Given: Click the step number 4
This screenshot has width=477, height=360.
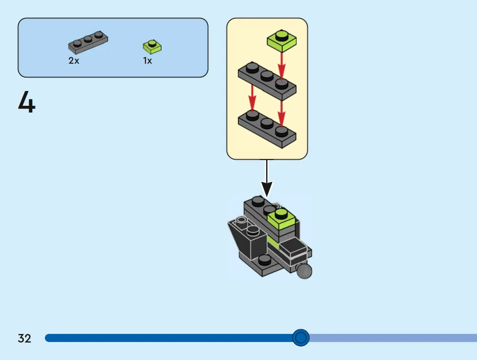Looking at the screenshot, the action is (27, 102).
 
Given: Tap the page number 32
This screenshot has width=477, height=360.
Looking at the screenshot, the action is (24, 338).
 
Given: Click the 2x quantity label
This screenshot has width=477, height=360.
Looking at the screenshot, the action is (74, 61).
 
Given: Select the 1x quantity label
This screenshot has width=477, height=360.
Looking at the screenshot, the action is (147, 61).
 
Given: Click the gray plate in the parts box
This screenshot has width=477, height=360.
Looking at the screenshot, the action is (88, 42).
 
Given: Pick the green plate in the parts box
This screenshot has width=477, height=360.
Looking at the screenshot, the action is (152, 47).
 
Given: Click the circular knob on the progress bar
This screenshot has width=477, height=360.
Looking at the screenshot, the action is (301, 338).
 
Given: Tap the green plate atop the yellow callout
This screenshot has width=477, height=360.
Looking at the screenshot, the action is (282, 40).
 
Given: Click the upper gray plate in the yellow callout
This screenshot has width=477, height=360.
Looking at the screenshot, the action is (267, 81).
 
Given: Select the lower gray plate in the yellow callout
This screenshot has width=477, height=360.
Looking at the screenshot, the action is (267, 129).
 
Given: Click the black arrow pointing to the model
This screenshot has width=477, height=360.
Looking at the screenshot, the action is (267, 178).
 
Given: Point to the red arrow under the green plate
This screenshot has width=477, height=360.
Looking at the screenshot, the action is (281, 66).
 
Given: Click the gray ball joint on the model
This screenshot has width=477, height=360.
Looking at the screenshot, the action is (304, 271).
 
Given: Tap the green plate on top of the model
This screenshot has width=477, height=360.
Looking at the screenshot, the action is (281, 219).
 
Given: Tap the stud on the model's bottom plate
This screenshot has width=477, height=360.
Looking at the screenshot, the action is (264, 260).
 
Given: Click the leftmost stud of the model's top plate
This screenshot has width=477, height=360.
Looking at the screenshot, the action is (258, 201).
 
